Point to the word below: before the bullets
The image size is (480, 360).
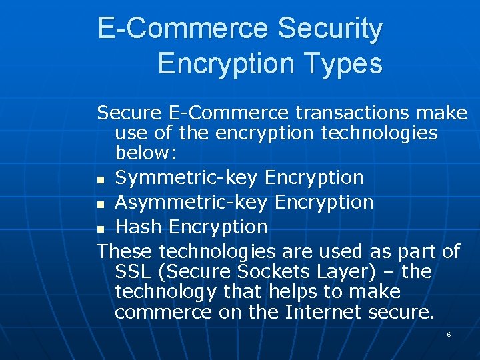tap(145, 153)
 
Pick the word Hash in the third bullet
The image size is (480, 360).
tap(139, 227)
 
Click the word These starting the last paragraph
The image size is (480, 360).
tap(125, 251)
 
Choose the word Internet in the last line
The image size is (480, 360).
tap(329, 311)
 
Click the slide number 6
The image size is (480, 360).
tap(449, 334)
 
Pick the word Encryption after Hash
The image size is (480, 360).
tap(218, 227)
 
